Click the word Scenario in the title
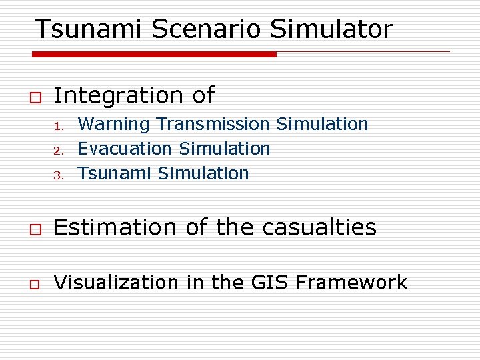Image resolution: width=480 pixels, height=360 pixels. pyautogui.click(x=207, y=29)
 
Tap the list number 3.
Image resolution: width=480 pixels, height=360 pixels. pyautogui.click(x=58, y=175)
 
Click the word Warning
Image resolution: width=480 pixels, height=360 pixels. pyautogui.click(x=114, y=125)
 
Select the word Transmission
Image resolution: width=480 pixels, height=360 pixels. pyautogui.click(x=213, y=125)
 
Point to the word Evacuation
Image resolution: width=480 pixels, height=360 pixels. pyautogui.click(x=125, y=149)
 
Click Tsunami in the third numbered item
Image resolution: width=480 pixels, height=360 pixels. pyautogui.click(x=115, y=173)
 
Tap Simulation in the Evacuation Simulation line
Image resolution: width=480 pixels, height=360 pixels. pyautogui.click(x=225, y=149)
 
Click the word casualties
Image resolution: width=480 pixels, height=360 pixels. pyautogui.click(x=319, y=228)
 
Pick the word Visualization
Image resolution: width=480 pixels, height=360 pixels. pyautogui.click(x=116, y=283)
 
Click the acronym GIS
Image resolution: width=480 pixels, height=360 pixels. pyautogui.click(x=269, y=283)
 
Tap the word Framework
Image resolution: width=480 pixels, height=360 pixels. pyautogui.click(x=351, y=283)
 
